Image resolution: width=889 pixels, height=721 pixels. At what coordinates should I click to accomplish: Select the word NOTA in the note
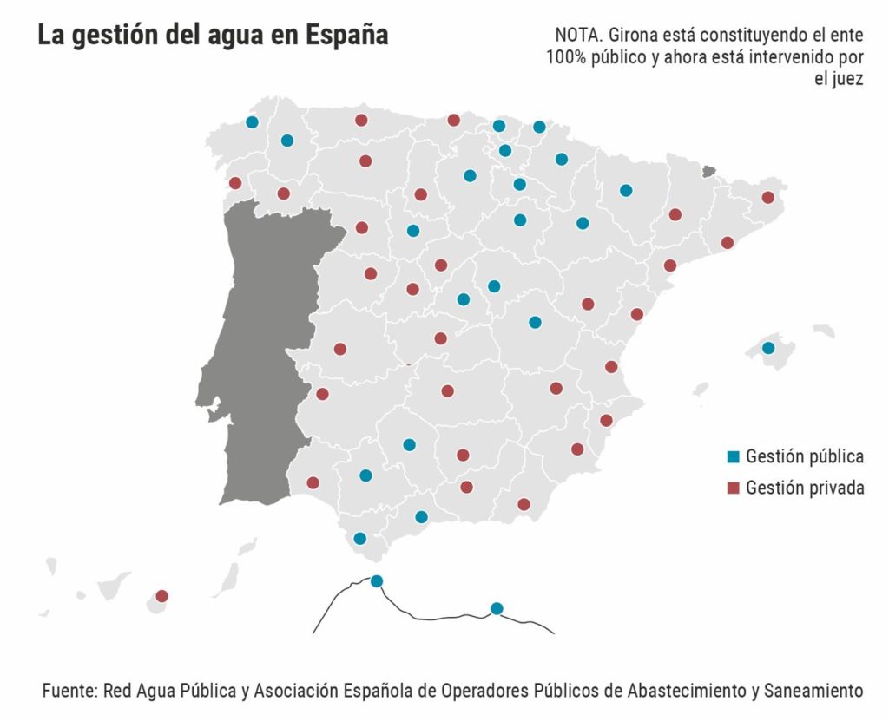click(577, 36)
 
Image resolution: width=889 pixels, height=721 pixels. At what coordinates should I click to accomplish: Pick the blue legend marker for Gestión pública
click(732, 456)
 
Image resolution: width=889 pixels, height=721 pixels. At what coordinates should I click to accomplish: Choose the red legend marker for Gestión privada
click(732, 488)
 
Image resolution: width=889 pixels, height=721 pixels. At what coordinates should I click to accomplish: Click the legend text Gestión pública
click(804, 456)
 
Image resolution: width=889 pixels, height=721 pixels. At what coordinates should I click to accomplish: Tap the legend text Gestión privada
click(804, 488)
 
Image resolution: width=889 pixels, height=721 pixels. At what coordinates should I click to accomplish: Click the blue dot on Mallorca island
click(767, 348)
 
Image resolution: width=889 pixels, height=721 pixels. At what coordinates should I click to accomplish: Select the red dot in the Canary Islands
click(161, 596)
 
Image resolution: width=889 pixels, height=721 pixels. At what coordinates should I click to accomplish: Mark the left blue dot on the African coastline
click(377, 581)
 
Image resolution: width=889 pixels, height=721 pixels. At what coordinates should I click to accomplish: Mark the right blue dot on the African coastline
click(497, 608)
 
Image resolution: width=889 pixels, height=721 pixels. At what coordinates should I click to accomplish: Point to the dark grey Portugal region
click(260, 347)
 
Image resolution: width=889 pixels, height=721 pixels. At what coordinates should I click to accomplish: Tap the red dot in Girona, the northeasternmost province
click(767, 197)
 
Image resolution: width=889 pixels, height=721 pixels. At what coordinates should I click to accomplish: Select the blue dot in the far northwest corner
click(252, 122)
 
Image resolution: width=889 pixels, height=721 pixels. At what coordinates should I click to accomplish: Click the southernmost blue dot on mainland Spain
click(360, 538)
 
